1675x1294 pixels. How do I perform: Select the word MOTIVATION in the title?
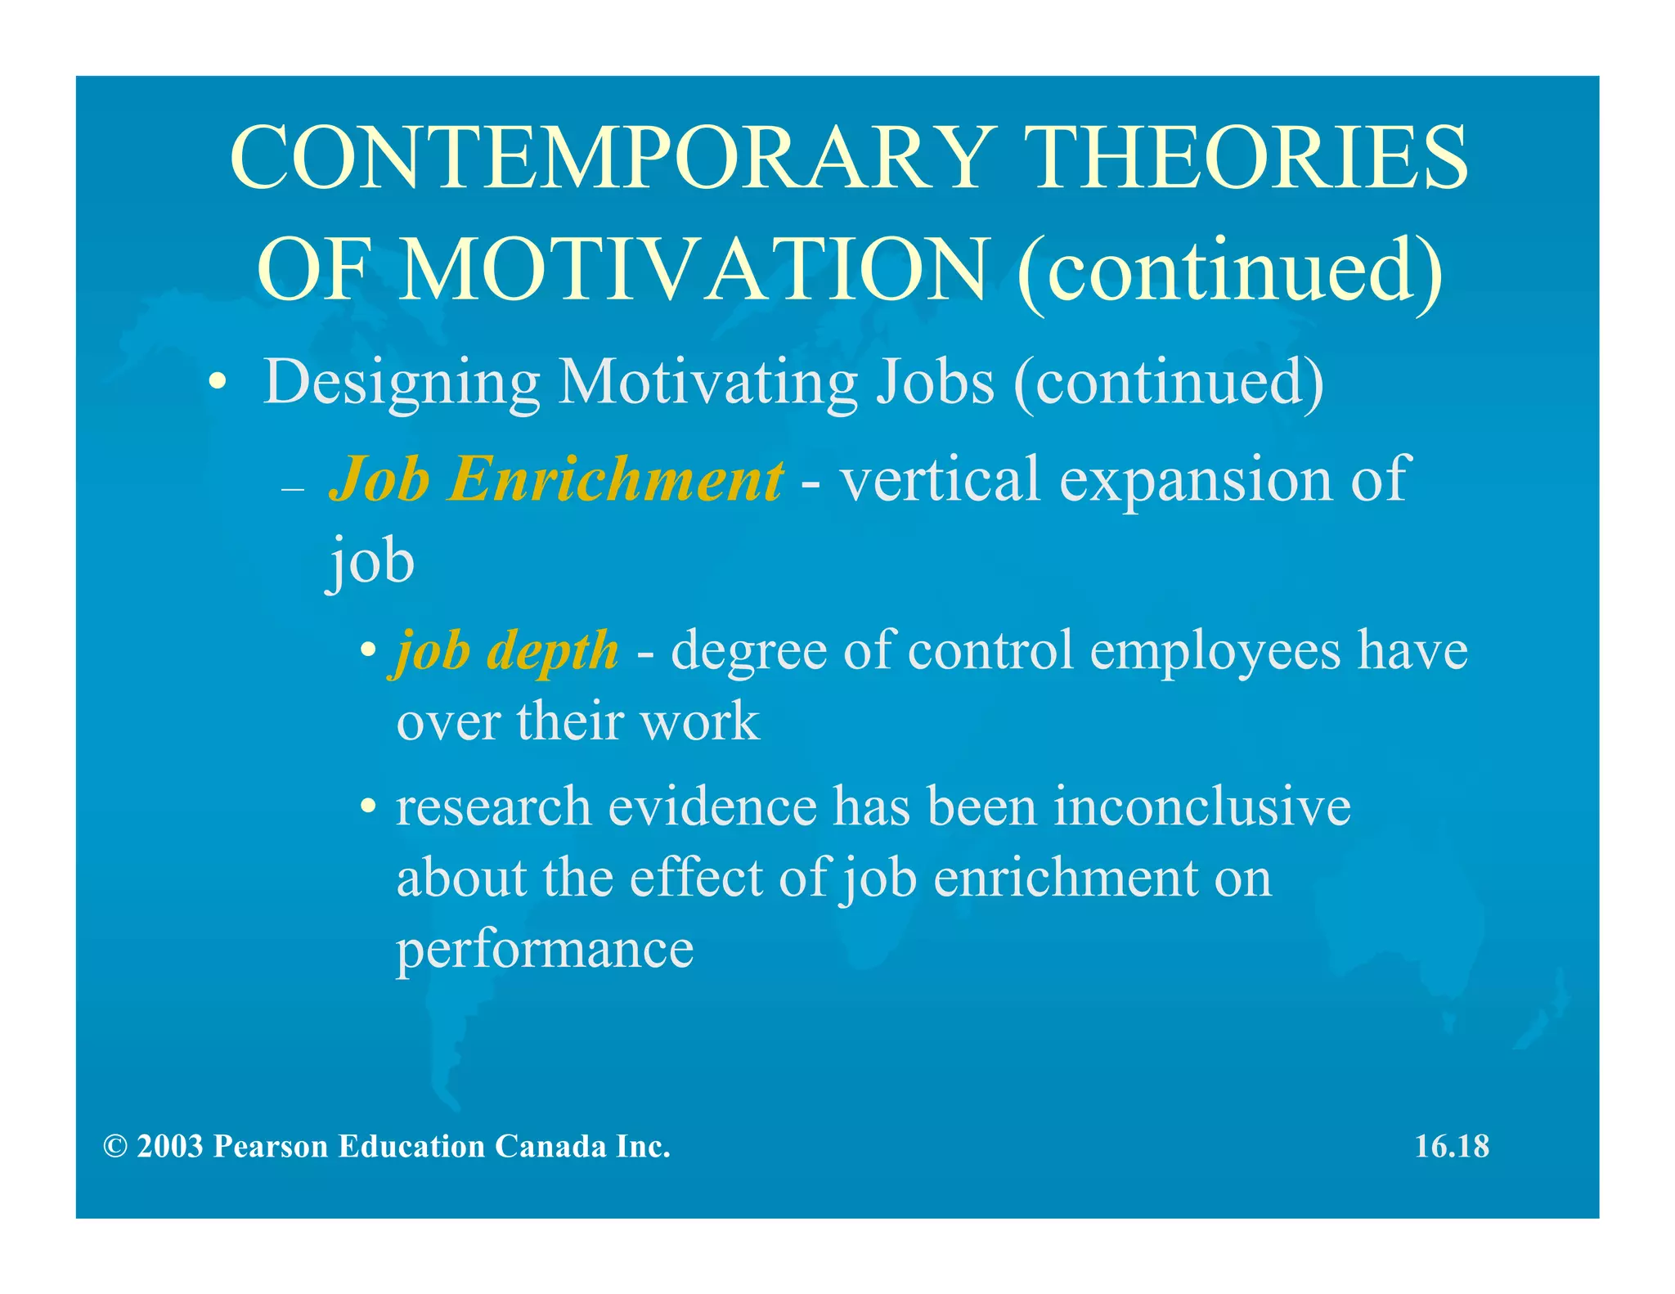[695, 270]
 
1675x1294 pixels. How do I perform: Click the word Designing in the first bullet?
[401, 383]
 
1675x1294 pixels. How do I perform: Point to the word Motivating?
[707, 383]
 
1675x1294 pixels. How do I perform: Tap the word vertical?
[940, 479]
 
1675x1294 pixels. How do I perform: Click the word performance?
[545, 950]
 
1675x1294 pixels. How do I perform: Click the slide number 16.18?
[1452, 1147]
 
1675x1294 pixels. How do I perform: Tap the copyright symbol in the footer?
[115, 1147]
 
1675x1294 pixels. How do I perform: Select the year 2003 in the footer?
[170, 1147]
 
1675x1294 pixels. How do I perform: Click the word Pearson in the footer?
[271, 1147]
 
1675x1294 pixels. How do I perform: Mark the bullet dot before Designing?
[217, 383]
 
